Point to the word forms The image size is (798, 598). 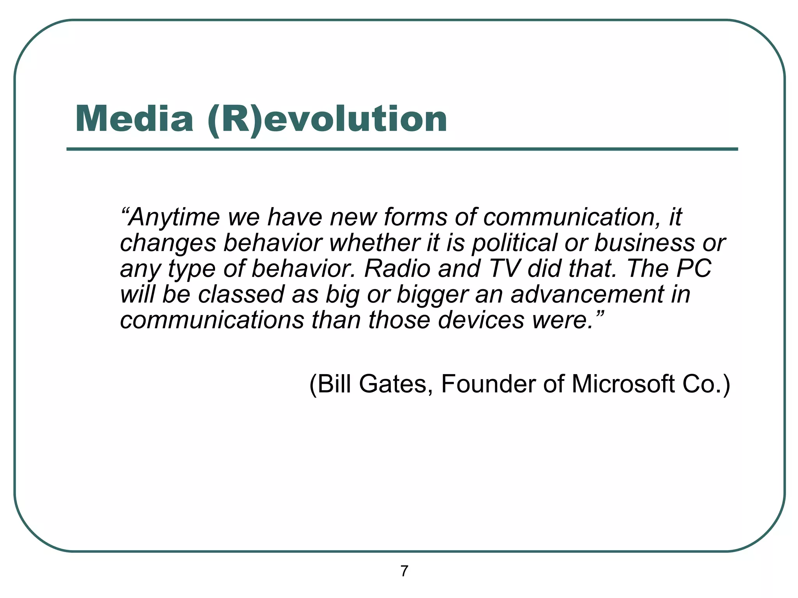[x=415, y=217]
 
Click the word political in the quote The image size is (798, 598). [x=515, y=243]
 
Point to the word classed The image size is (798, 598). [x=242, y=294]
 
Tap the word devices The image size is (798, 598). [x=481, y=320]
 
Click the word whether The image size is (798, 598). [x=374, y=243]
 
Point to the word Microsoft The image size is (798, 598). [x=623, y=384]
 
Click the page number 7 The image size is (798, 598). [x=404, y=571]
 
